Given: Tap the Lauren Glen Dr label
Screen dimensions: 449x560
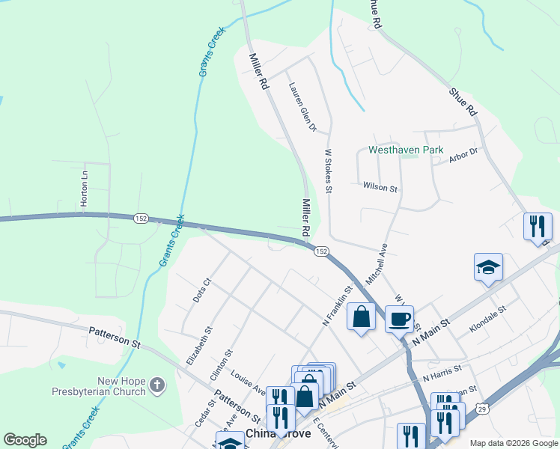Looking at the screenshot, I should click(x=302, y=107).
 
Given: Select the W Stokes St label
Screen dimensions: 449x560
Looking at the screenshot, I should click(x=328, y=169).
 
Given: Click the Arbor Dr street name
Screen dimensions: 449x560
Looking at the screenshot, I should click(x=463, y=153).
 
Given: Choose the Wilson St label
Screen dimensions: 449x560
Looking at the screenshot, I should click(x=380, y=187).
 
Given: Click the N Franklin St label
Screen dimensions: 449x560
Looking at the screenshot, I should click(x=337, y=305).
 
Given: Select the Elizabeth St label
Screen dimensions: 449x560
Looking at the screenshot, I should click(x=200, y=345).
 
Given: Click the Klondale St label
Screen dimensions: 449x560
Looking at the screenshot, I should click(x=487, y=318).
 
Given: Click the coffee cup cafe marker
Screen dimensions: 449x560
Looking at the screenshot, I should click(x=399, y=318).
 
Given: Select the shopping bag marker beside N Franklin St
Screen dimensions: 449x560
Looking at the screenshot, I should click(x=361, y=317).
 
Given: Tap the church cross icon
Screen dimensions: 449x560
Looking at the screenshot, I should click(x=156, y=385).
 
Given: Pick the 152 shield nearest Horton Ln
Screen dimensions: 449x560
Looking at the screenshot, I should click(x=141, y=218).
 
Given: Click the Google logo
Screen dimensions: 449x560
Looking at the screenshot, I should click(x=25, y=440).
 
